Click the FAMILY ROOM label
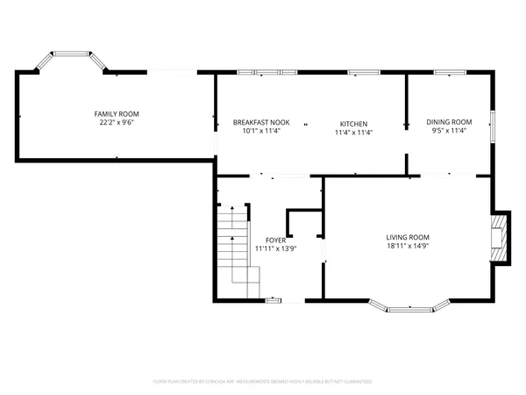click(x=117, y=114)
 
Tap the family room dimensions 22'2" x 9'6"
click(x=117, y=123)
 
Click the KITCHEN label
click(x=353, y=124)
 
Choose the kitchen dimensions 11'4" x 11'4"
click(x=353, y=133)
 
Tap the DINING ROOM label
click(x=449, y=122)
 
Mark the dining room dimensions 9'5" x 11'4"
click(x=449, y=131)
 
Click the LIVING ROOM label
click(x=408, y=237)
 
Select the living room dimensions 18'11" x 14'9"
click(x=408, y=246)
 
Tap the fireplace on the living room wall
click(x=500, y=237)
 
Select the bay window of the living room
click(x=409, y=308)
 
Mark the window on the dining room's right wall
click(x=492, y=126)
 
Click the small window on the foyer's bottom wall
click(x=274, y=301)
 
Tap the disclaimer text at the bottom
click(x=262, y=382)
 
